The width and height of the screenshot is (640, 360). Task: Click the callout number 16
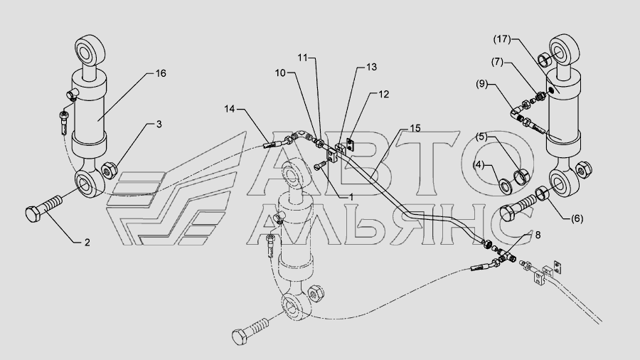pyautogui.click(x=161, y=73)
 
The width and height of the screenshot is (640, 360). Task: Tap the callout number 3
pyautogui.click(x=159, y=125)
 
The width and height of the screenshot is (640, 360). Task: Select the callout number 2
pyautogui.click(x=87, y=243)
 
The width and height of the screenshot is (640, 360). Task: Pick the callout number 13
pyautogui.click(x=372, y=66)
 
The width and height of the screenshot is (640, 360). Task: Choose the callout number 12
pyautogui.click(x=383, y=94)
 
